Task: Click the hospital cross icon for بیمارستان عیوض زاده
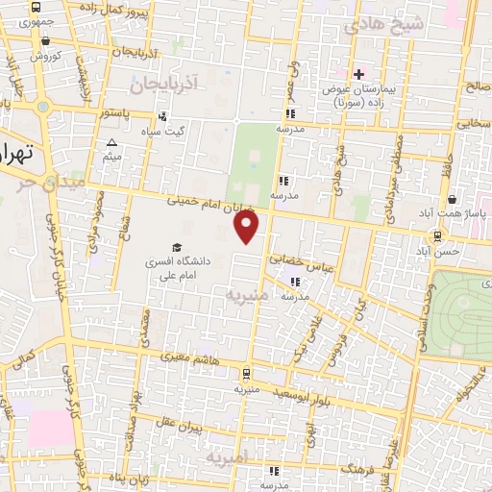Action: [358, 74]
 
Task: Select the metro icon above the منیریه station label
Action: [248, 374]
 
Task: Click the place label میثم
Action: [112, 156]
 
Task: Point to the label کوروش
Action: [44, 56]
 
